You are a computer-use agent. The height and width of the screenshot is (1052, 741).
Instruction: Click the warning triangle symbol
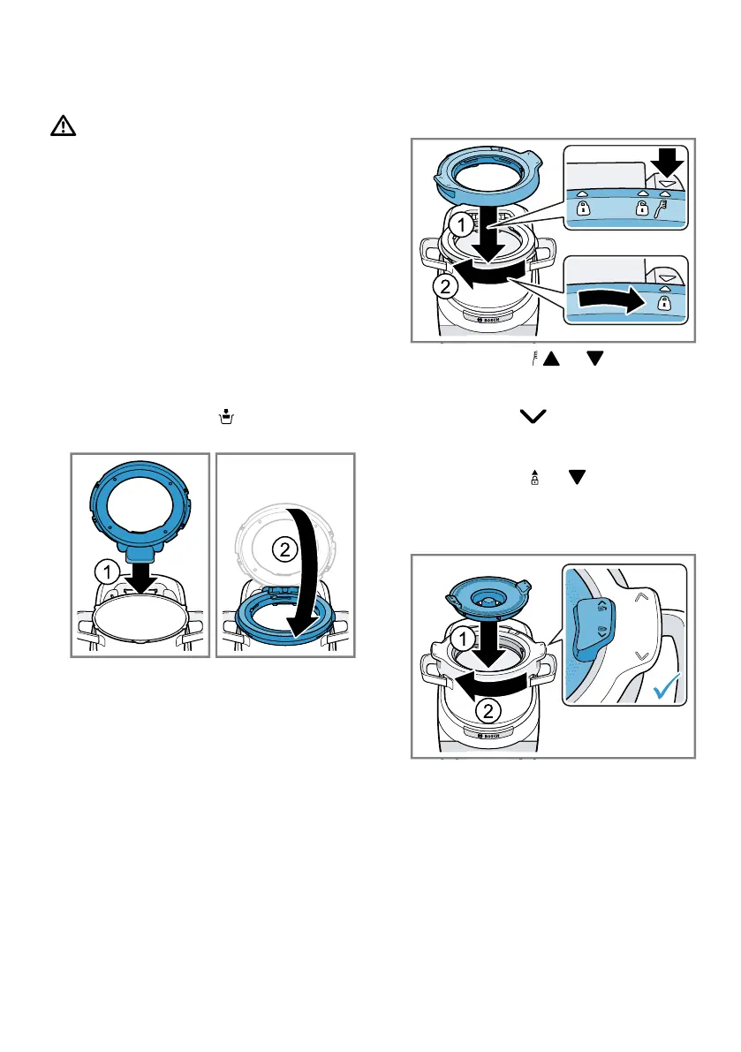(x=63, y=126)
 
